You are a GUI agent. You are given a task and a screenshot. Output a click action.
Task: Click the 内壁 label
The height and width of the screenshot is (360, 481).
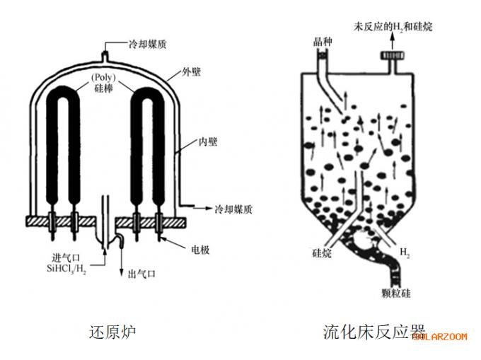click(207, 142)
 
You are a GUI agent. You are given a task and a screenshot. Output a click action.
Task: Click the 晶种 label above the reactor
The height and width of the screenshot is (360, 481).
click(323, 42)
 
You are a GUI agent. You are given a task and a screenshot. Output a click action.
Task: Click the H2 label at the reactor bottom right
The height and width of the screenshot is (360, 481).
click(405, 252)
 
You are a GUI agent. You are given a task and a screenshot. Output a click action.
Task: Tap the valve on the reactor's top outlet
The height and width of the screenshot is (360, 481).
click(389, 54)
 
